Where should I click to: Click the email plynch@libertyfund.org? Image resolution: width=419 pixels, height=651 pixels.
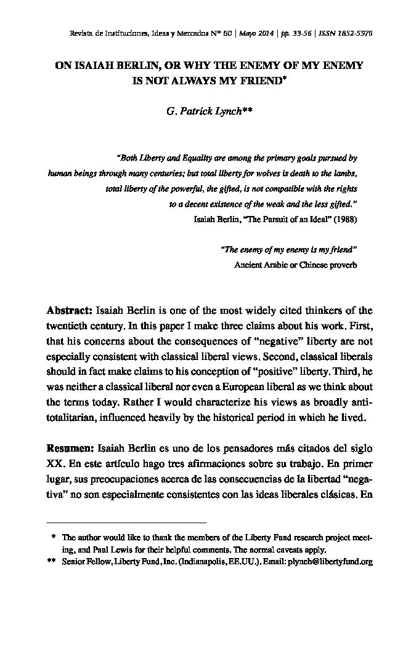click(330, 562)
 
